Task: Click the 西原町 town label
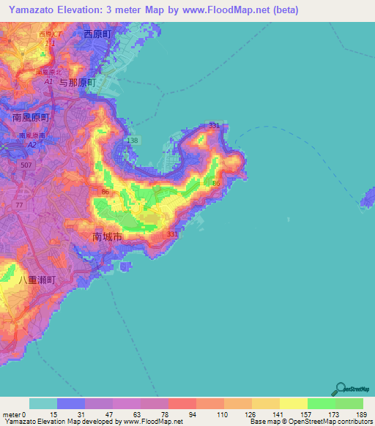[x=100, y=34]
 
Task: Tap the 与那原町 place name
[x=78, y=83]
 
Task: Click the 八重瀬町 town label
[x=34, y=280]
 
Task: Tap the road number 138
[x=133, y=140]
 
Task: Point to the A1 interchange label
[x=48, y=83]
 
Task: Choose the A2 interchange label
[x=31, y=145]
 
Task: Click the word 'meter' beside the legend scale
[x=10, y=414]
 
